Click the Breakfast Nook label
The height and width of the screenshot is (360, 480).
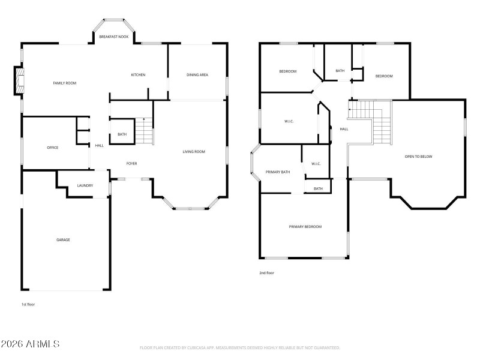pyautogui.click(x=113, y=37)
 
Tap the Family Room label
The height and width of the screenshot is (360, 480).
pyautogui.click(x=65, y=83)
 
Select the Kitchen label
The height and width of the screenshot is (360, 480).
pyautogui.click(x=138, y=75)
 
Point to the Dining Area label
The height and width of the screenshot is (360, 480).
pyautogui.click(x=197, y=75)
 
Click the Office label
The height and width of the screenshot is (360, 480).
pyautogui.click(x=53, y=148)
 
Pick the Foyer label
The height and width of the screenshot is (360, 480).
pyautogui.click(x=131, y=163)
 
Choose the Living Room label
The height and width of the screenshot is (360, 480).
pyautogui.click(x=194, y=152)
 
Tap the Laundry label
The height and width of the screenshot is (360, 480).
pyautogui.click(x=85, y=185)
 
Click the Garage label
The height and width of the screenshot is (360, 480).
pyautogui.click(x=64, y=239)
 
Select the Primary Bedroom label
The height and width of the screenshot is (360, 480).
pyautogui.click(x=305, y=227)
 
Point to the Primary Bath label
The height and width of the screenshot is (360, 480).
pyautogui.click(x=278, y=172)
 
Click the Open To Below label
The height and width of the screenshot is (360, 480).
pyautogui.click(x=418, y=157)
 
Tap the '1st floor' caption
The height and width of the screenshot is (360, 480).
pyautogui.click(x=28, y=305)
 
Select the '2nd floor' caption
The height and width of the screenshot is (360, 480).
pyautogui.click(x=266, y=273)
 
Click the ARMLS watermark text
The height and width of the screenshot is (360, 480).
pyautogui.click(x=30, y=344)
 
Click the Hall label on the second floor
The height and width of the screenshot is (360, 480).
pyautogui.click(x=344, y=129)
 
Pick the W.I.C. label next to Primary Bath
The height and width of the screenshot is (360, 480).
pyautogui.click(x=316, y=164)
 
